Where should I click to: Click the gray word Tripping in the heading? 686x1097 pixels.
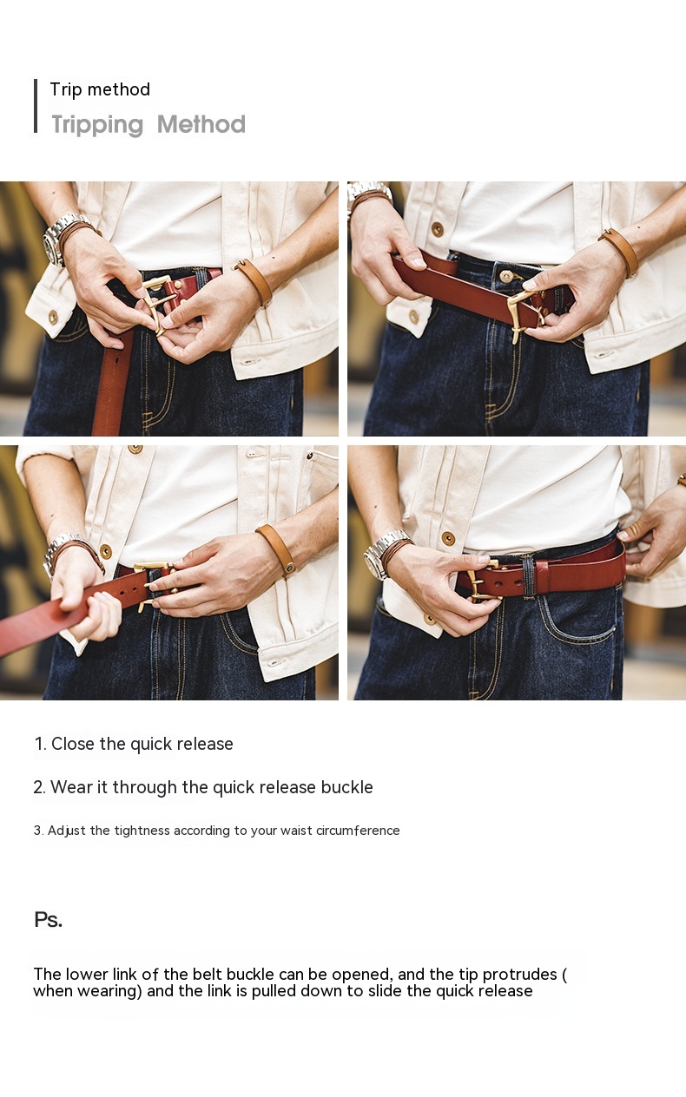[97, 124]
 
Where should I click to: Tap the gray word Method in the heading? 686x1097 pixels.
[201, 124]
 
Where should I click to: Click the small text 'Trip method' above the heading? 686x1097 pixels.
[100, 89]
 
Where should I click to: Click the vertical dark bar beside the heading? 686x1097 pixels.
[36, 106]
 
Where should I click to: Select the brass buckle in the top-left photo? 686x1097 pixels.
[158, 302]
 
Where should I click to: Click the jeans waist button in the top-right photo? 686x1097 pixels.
[505, 276]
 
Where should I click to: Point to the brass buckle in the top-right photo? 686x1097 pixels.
[525, 314]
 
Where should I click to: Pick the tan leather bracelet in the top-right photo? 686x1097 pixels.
[620, 251]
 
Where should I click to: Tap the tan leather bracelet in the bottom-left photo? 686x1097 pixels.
[276, 548]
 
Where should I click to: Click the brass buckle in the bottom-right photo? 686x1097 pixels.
[483, 580]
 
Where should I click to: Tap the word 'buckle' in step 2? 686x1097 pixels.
[347, 787]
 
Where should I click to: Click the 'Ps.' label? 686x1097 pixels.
[49, 919]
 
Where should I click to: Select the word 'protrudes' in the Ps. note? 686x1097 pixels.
[520, 974]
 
